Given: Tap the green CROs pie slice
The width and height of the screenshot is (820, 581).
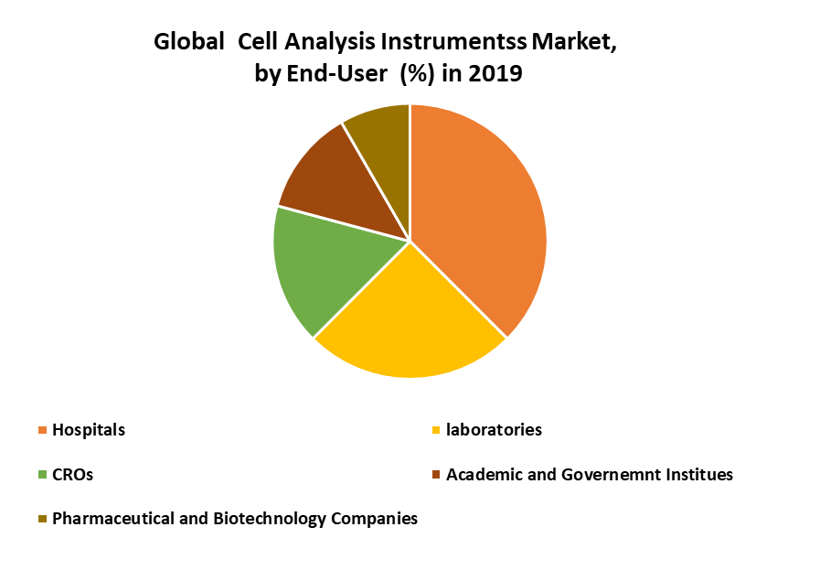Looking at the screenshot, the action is pyautogui.click(x=325, y=267).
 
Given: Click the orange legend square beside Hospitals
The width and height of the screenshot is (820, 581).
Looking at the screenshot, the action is pyautogui.click(x=42, y=430).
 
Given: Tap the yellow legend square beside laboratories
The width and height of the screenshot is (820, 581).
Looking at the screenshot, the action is pyautogui.click(x=436, y=430).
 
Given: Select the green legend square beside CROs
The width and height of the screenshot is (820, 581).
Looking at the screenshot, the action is pyautogui.click(x=42, y=475).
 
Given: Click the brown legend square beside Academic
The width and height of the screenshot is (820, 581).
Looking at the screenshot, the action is pyautogui.click(x=436, y=475).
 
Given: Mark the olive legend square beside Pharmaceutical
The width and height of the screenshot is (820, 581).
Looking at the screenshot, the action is pyautogui.click(x=42, y=519).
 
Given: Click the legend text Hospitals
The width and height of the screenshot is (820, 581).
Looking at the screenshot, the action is pyautogui.click(x=89, y=430).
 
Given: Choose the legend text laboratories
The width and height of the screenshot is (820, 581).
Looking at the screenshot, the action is pyautogui.click(x=495, y=430).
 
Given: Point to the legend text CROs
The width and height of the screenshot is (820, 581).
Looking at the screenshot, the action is pyautogui.click(x=73, y=475).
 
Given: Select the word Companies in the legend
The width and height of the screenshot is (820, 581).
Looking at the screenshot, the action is pyautogui.click(x=375, y=519).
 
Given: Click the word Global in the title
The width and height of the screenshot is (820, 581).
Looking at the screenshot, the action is pyautogui.click(x=189, y=42).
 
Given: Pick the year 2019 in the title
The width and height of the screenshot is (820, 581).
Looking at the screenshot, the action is pyautogui.click(x=495, y=73).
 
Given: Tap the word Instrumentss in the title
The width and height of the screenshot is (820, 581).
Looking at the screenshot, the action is pyautogui.click(x=453, y=42).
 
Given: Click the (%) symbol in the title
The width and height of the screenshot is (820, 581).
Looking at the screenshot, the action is pyautogui.click(x=417, y=74).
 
